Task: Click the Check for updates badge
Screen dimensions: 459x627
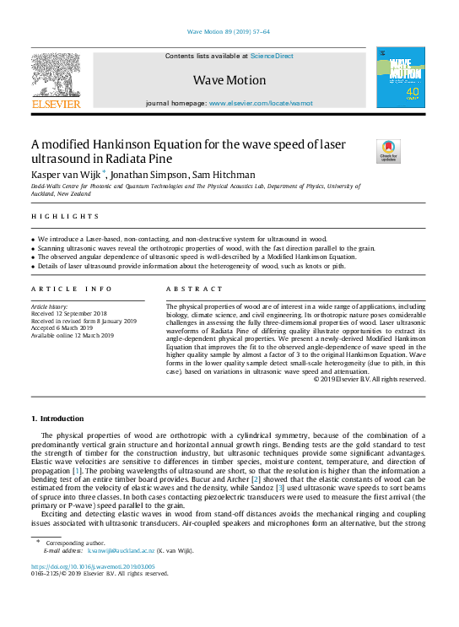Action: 388,151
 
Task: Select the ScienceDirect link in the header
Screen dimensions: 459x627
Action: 272,56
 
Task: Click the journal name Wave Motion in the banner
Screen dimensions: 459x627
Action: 229,80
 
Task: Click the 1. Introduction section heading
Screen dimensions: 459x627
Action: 57,419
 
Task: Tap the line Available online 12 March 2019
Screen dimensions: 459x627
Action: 73,335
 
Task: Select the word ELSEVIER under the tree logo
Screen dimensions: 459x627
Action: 56,105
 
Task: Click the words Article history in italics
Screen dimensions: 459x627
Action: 51,307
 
